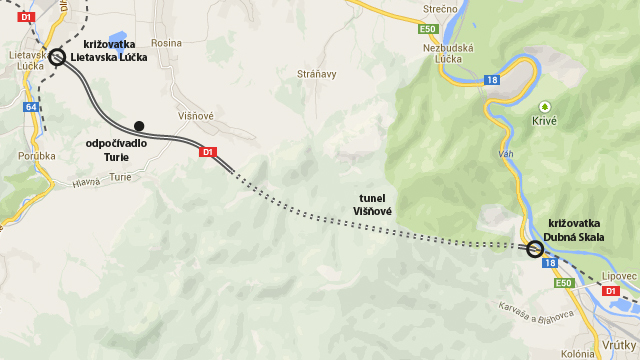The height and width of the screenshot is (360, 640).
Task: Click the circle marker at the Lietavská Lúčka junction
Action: (57, 57)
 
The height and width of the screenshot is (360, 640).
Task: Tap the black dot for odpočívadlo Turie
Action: (139, 126)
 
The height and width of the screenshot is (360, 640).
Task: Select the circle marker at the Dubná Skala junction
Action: (535, 249)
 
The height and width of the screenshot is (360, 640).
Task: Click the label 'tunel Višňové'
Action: (372, 204)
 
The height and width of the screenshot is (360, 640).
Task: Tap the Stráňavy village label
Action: (317, 74)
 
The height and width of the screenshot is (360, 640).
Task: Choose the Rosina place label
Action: (167, 43)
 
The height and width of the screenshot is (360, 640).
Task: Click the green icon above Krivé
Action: (544, 105)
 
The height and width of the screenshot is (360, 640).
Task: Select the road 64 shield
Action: (31, 107)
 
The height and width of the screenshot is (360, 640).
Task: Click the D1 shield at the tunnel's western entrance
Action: (208, 153)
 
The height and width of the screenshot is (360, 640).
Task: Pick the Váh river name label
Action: (506, 154)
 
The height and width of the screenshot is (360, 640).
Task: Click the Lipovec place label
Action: (620, 276)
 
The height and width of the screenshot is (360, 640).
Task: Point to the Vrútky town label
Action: (620, 345)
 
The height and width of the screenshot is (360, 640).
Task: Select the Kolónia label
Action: (578, 352)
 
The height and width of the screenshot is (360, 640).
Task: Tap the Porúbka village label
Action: (36, 156)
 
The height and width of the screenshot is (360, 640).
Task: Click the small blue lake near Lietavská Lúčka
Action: (118, 40)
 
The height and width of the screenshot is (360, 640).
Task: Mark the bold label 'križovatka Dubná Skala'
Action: (574, 230)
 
